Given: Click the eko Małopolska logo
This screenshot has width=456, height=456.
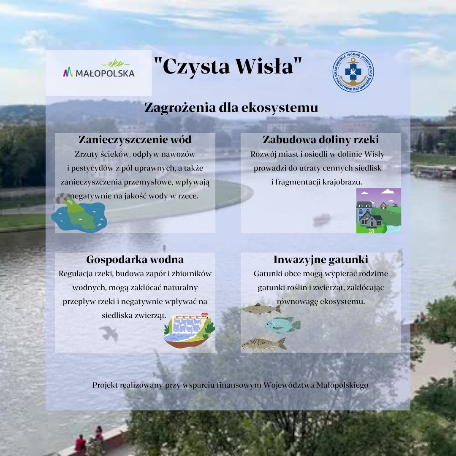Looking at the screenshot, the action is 99,69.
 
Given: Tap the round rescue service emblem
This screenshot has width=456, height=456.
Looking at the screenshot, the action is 353,72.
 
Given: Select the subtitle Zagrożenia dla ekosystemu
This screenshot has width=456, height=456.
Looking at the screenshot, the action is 231,108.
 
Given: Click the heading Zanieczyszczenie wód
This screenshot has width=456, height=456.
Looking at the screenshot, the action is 135,140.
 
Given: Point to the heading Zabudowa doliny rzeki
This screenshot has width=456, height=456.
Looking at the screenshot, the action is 321,140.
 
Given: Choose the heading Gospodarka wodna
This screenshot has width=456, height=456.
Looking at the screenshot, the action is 135,259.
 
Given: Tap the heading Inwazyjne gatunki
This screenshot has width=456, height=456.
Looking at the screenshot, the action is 321,259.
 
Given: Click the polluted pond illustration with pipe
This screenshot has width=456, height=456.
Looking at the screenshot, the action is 79,213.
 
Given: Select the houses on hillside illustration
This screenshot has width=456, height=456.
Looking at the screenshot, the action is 379,211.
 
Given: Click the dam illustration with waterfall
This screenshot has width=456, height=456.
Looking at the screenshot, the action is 189,330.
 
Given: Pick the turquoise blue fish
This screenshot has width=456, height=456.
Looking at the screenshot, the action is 282,325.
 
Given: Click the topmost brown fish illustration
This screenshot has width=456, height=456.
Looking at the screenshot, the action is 261,309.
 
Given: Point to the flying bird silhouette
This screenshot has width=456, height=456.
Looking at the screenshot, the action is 109,333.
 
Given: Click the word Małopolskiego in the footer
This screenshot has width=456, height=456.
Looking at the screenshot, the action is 342,385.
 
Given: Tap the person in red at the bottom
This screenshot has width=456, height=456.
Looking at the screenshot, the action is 80,444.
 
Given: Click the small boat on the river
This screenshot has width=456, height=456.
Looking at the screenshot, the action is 322,220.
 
